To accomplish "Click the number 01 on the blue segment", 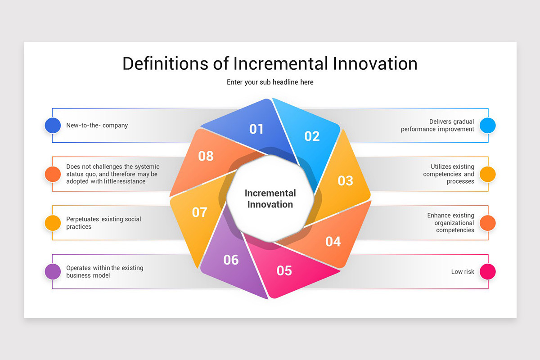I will point(256,129).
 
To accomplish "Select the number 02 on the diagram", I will point(312,136).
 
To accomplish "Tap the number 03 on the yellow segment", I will point(346,180).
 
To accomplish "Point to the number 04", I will point(333,242).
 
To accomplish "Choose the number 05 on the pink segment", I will point(284,270).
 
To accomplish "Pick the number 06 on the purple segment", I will point(231,260).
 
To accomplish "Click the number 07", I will point(199,212).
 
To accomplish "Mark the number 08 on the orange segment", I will point(206,156).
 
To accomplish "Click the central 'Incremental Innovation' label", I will point(270,199).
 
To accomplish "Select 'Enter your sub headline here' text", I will point(270,82).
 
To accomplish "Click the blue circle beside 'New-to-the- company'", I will point(53,126).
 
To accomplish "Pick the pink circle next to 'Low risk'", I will point(487,272).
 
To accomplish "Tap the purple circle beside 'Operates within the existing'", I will point(53,272).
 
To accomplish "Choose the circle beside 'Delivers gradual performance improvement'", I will point(487,126).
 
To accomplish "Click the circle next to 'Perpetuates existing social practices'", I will point(53,223).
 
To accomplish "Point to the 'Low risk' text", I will point(463,272).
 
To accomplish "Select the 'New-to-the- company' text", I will point(97,126).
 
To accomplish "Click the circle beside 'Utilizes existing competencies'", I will point(487,174).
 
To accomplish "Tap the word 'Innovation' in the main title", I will point(375,63).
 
